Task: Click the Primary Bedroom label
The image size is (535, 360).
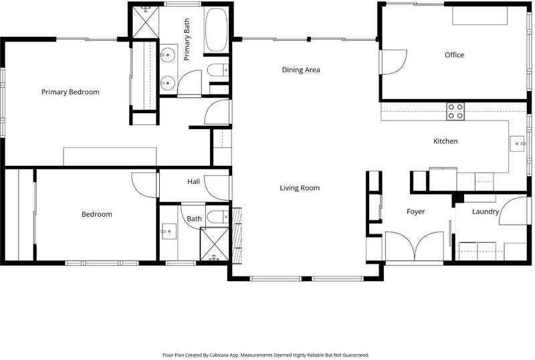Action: coord(70,92)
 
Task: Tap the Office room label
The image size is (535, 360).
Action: coord(454,55)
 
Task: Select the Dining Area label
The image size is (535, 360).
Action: coord(301,70)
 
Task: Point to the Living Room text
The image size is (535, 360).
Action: coord(300,188)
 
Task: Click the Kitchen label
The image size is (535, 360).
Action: coord(445,141)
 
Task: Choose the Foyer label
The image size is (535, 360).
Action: coord(415,211)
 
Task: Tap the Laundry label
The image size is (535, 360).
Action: coord(486,211)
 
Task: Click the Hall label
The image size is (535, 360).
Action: coord(193,182)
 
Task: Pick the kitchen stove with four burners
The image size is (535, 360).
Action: coord(455,111)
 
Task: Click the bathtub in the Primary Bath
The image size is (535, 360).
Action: coord(216,29)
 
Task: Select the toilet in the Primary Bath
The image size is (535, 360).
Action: coord(219,70)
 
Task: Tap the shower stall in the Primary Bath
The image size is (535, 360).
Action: coord(146,21)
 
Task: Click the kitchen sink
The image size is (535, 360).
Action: coord(517,144)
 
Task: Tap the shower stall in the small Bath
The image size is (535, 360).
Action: coord(214,244)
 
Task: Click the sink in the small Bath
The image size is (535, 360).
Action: coord(169,232)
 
